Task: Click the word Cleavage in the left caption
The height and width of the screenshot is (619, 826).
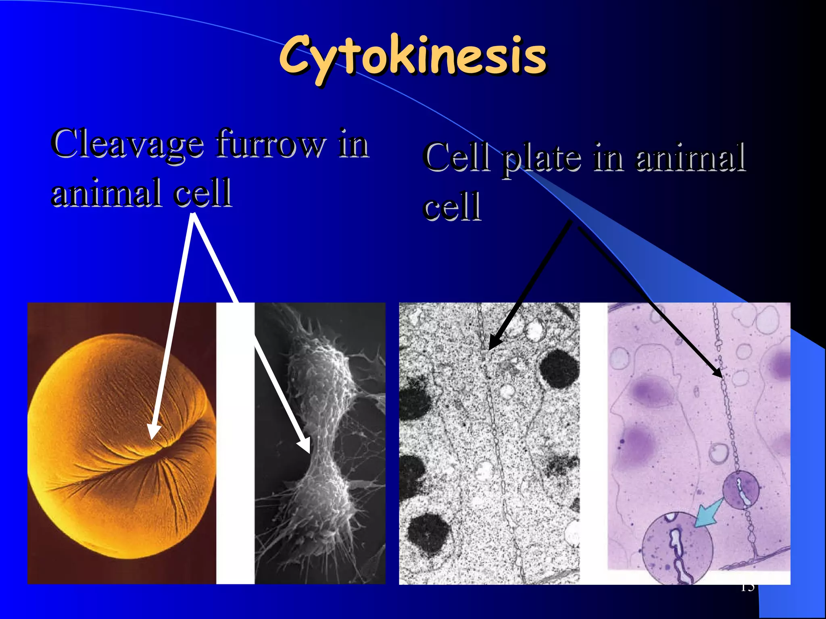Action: tap(127, 144)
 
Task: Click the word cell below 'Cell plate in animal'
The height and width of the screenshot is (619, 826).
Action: tap(452, 206)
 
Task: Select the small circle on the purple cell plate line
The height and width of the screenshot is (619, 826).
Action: tap(740, 490)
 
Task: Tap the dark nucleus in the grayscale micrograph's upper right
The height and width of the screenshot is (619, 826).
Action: tap(559, 369)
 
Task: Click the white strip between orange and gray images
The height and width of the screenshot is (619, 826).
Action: tap(235, 443)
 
